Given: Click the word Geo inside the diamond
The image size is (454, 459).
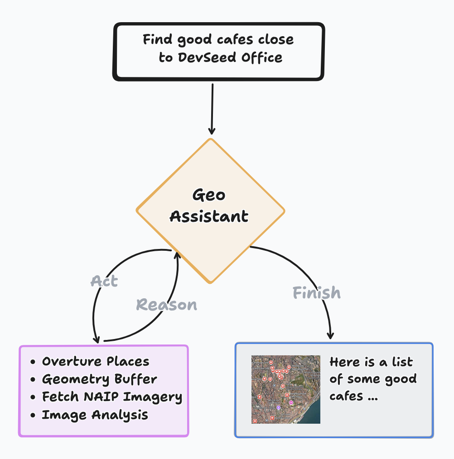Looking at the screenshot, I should click(209, 196).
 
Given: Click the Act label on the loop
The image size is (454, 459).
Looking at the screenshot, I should click(104, 281).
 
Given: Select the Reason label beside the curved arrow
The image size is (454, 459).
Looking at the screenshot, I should click(167, 305).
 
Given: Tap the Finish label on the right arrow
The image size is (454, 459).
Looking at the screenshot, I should click(317, 293).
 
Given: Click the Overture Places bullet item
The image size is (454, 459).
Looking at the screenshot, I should click(96, 361).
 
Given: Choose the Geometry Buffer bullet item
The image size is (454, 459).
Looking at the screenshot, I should click(99, 379).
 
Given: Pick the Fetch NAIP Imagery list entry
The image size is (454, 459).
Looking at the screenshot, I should click(112, 397).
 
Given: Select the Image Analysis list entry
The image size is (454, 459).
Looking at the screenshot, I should click(95, 415).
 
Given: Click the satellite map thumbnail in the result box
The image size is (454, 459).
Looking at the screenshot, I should click(286, 389).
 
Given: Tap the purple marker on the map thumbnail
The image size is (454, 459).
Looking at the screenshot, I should click(291, 402).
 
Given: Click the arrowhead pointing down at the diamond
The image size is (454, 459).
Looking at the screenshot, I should click(212, 130).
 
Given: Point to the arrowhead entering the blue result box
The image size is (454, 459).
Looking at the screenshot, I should click(331, 335).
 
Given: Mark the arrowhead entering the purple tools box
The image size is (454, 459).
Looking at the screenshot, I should click(96, 340).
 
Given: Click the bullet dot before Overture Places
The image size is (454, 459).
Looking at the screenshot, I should click(33, 362).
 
